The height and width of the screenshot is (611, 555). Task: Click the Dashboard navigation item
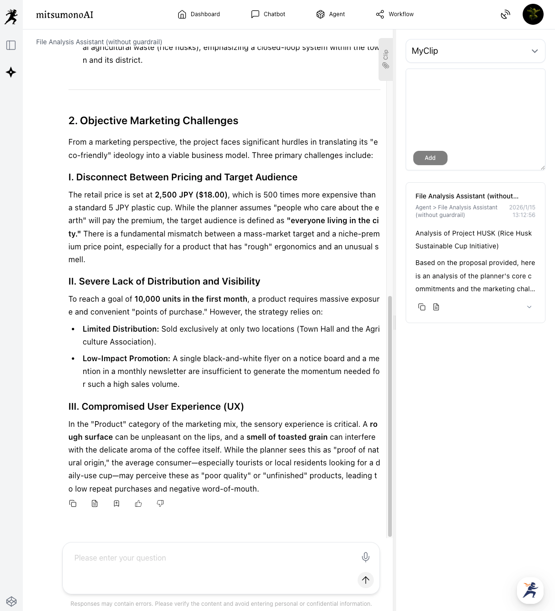point(199,14)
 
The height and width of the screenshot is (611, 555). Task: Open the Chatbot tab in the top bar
point(268,14)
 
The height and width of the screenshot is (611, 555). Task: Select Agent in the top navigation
point(331,14)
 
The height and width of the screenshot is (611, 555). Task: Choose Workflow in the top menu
point(395,14)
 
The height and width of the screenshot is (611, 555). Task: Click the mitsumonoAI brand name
point(65,15)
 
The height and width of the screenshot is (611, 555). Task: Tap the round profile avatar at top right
point(533,14)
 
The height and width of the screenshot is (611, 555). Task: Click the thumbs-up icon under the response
point(138,503)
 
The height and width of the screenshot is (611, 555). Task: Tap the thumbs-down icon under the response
point(160,503)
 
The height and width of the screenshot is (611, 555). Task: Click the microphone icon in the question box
point(365,557)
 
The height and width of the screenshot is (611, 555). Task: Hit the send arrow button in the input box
point(365,580)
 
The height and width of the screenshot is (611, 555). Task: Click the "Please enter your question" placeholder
point(120,558)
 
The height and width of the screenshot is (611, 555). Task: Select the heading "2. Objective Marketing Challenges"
point(153,121)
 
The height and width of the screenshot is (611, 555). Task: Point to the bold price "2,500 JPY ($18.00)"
point(191,195)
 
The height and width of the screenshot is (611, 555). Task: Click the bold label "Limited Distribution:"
point(121,329)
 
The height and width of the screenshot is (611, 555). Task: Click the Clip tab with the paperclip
point(386,59)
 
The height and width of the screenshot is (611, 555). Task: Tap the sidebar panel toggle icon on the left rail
point(11,45)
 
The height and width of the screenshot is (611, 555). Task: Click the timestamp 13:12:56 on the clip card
point(524,215)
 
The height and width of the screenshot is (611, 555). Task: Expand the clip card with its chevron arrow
point(529,307)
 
